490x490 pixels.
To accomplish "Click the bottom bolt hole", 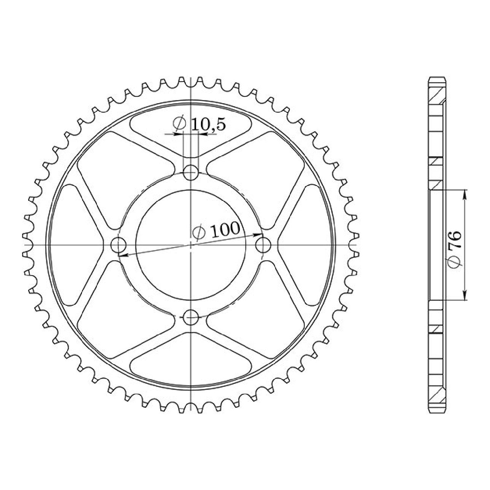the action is [x=190, y=317].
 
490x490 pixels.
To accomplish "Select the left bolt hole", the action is [x=118, y=245].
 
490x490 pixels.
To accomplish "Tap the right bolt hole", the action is [x=263, y=245].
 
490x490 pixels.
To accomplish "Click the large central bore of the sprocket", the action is [x=191, y=245].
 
